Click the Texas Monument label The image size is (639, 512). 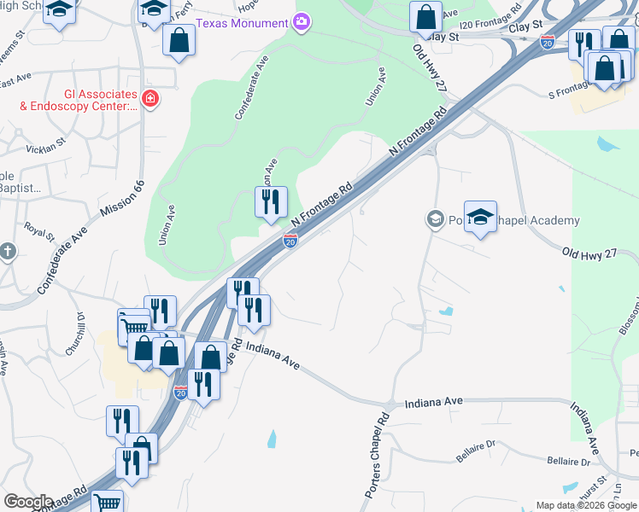point(243,23)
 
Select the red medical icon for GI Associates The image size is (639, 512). point(150,99)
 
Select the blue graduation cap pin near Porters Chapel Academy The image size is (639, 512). point(480,216)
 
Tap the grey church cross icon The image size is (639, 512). point(8,251)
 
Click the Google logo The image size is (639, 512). point(27,502)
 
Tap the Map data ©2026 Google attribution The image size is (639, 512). point(586,505)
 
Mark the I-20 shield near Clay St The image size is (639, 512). point(548,40)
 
